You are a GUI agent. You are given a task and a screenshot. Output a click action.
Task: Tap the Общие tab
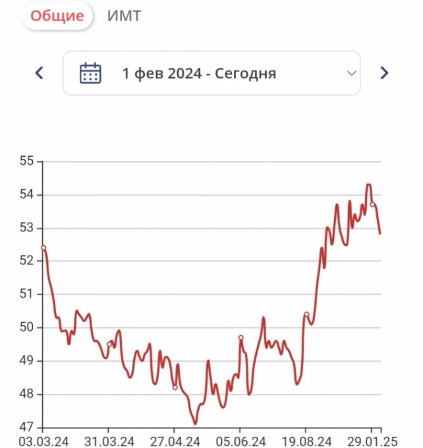click(x=57, y=16)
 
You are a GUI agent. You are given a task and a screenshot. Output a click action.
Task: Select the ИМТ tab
click(x=124, y=16)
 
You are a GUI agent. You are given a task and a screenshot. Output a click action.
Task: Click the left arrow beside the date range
click(x=39, y=73)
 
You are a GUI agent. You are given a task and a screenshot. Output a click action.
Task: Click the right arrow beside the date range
click(x=385, y=73)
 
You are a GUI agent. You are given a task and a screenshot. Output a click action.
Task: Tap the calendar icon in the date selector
click(x=90, y=73)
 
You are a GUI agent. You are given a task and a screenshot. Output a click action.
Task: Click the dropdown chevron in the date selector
click(x=351, y=73)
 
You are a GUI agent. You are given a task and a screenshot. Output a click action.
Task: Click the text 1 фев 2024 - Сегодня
click(x=199, y=73)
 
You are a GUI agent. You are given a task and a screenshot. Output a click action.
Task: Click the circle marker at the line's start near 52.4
click(x=43, y=248)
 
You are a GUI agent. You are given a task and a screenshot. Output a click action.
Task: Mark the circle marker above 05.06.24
click(x=240, y=337)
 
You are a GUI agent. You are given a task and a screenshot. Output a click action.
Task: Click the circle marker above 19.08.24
click(x=306, y=314)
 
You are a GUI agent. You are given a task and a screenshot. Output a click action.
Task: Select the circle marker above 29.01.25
click(x=372, y=204)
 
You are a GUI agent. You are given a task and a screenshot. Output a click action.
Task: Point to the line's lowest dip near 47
click(x=195, y=423)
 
